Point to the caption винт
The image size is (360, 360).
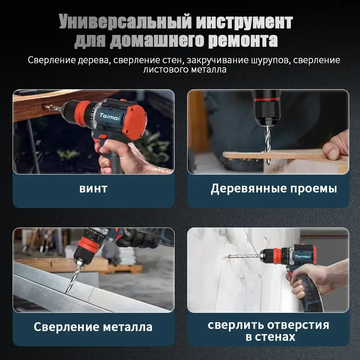click(x=94, y=189)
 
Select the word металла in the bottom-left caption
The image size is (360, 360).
click(x=128, y=327)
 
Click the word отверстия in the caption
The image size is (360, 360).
click(x=298, y=325)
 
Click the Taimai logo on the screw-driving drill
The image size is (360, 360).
click(x=110, y=117)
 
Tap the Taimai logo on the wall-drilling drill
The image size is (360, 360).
click(x=302, y=256)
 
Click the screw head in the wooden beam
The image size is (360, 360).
click(x=44, y=107)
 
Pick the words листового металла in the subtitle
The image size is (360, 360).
click(x=185, y=69)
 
